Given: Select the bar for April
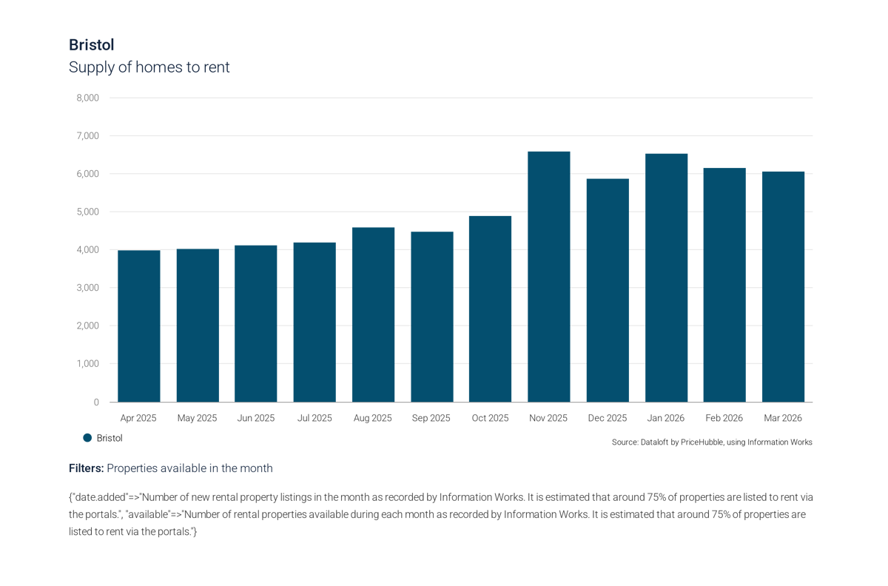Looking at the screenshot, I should tap(139, 326).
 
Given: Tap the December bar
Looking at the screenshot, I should tap(608, 289).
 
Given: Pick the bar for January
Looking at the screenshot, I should tap(666, 277).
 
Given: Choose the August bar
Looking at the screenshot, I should tap(373, 314).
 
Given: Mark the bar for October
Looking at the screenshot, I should tap(490, 308).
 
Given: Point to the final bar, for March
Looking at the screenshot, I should tap(783, 286).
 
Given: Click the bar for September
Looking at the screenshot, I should tap(431, 316).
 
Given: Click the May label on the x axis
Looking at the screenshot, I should tap(198, 418).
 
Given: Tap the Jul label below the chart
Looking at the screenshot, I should tap(314, 418).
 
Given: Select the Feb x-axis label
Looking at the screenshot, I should tap(724, 418).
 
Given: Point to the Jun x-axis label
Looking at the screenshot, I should tap(256, 418).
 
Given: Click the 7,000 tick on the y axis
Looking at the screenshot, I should tap(89, 136).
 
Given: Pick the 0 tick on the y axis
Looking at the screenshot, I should tap(95, 403).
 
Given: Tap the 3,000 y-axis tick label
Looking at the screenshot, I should tap(89, 288).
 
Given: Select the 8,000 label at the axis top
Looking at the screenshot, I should tap(89, 98).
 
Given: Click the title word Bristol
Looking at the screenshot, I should tap(91, 45).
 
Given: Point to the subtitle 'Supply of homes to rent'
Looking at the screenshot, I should tap(149, 67).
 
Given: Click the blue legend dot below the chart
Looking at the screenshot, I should tap(88, 438).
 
